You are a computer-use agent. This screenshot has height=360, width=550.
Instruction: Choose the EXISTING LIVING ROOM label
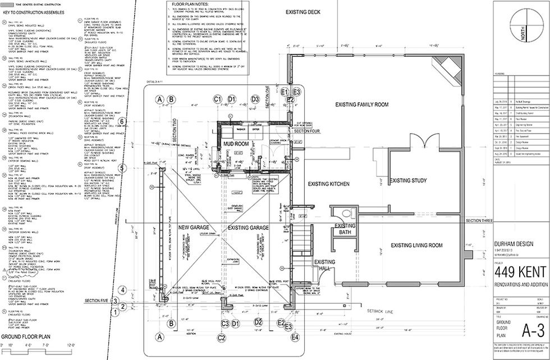(414, 245)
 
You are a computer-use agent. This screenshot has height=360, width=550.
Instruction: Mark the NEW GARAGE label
(194, 227)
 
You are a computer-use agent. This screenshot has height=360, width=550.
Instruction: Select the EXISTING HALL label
(324, 265)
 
